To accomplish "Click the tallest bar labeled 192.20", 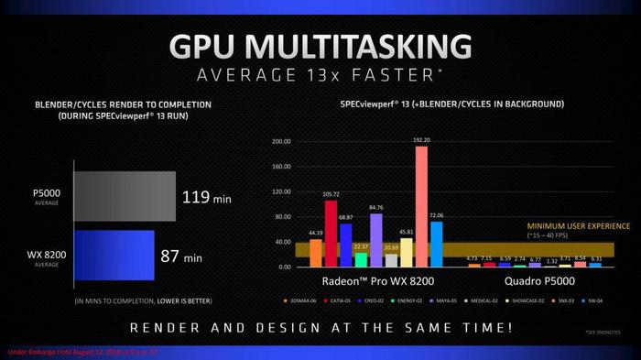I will pos(421,206).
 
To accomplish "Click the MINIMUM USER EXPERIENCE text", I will pos(577,225).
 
